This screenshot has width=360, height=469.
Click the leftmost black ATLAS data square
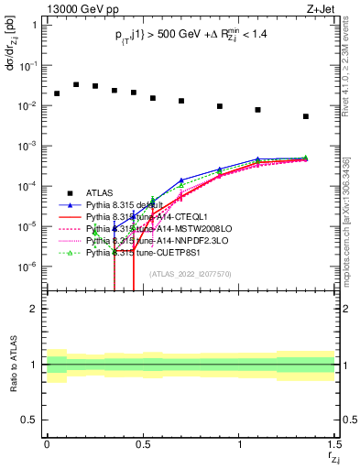(x=57, y=93)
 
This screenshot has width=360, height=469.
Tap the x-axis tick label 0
(x=47, y=443)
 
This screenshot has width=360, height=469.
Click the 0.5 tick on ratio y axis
(x=31, y=420)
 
